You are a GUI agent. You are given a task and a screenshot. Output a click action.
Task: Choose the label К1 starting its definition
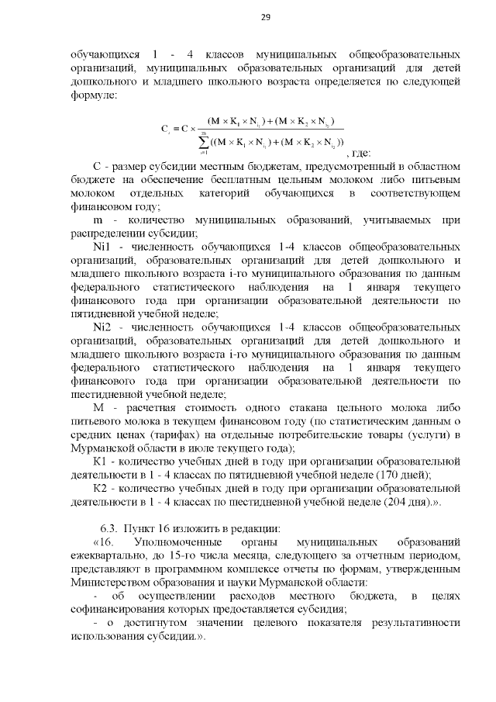100,462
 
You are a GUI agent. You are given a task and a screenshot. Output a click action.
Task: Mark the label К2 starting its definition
100,488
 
